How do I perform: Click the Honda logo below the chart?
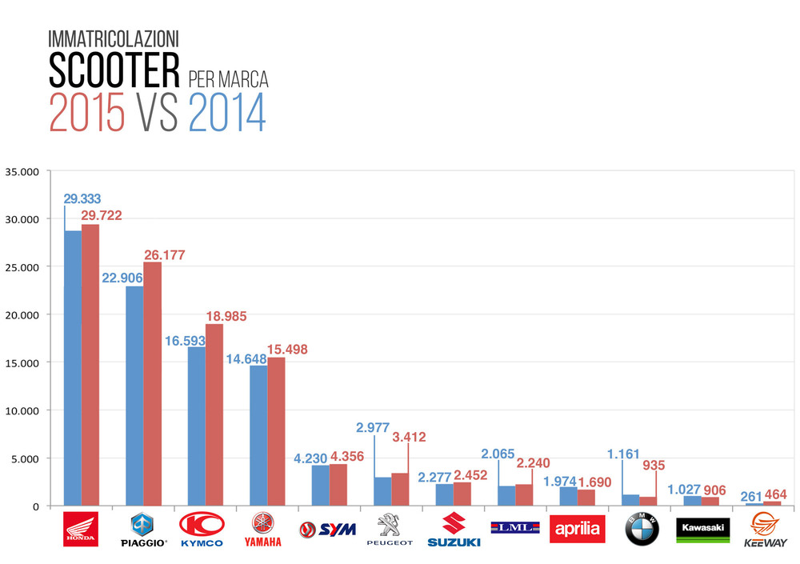coord(81,529)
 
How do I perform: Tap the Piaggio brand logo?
coord(143,529)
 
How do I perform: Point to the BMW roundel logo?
coord(642,529)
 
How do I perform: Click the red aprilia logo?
coord(579,529)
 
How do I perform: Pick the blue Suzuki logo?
coord(454,529)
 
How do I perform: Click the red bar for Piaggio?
coord(152,384)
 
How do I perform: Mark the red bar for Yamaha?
coord(276,431)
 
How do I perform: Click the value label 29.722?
coord(102,216)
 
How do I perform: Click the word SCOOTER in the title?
coord(114,71)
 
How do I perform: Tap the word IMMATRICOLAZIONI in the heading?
coord(114,38)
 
